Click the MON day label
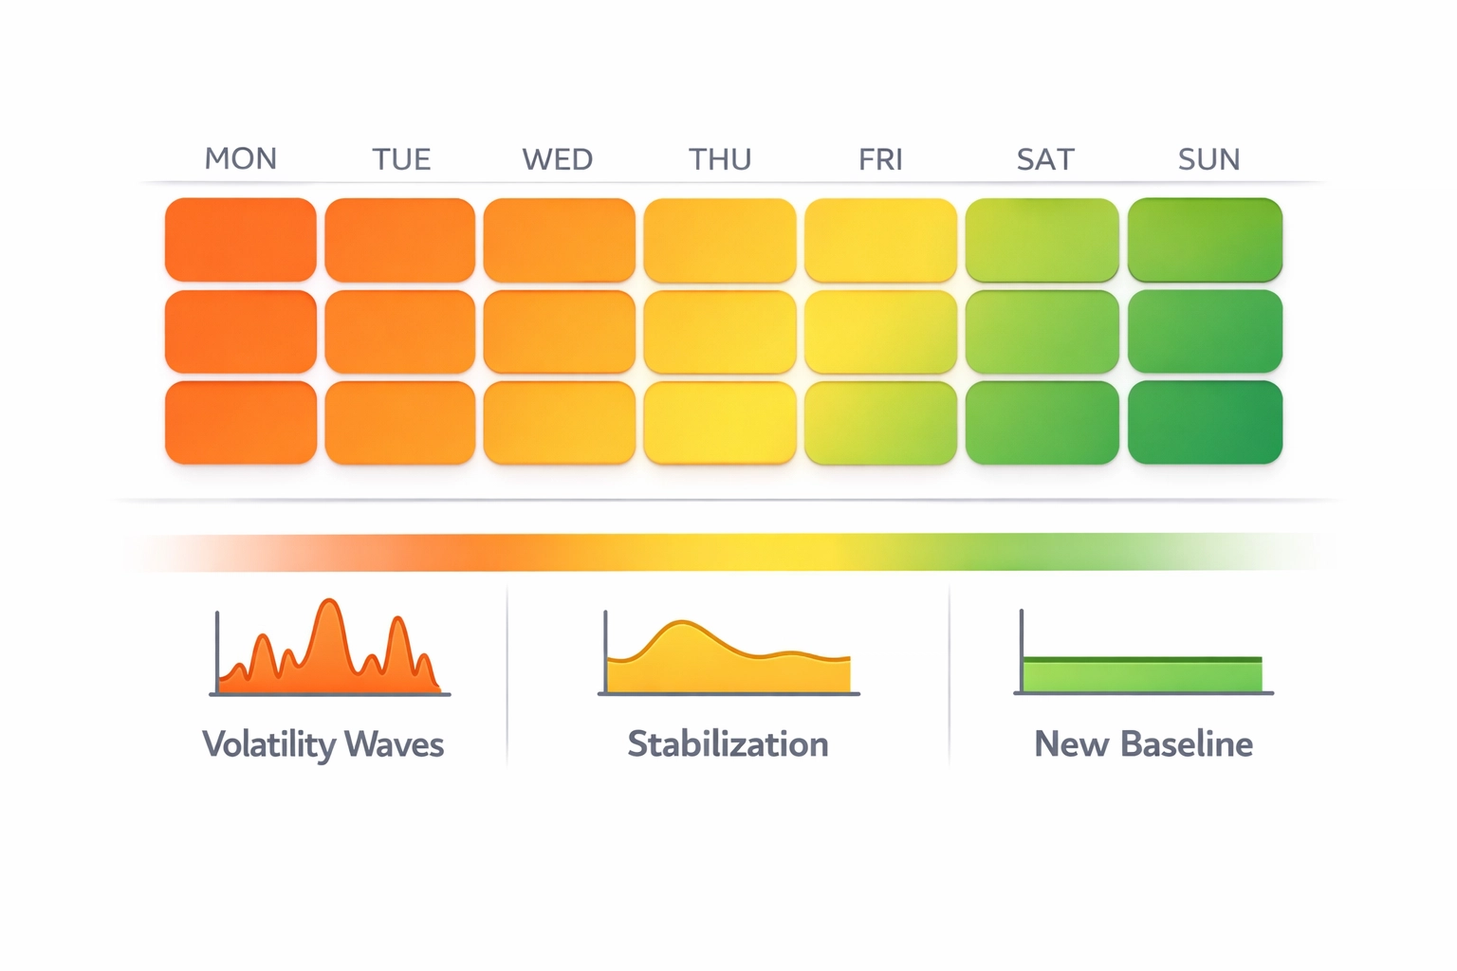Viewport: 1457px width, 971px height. (x=241, y=158)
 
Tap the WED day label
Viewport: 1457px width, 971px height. (x=558, y=159)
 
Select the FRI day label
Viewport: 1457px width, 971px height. (x=880, y=159)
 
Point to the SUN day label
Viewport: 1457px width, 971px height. (x=1208, y=159)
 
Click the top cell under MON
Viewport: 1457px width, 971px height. (x=241, y=239)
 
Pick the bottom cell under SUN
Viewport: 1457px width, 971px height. (x=1205, y=423)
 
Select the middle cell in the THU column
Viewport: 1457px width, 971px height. (x=720, y=332)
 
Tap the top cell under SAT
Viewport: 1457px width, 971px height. (x=1042, y=239)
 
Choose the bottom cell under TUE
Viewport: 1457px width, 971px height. (x=400, y=423)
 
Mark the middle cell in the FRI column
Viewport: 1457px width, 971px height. (x=880, y=332)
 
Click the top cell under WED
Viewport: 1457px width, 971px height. (x=560, y=239)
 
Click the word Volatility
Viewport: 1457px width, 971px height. (x=268, y=744)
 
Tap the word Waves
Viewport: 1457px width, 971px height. (x=394, y=744)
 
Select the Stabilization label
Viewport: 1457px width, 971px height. (x=728, y=744)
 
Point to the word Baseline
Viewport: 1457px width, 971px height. (x=1187, y=744)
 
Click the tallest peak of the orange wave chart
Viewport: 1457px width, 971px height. (x=328, y=603)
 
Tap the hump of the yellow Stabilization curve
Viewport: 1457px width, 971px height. (x=681, y=626)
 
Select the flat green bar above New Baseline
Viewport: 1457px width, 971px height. (x=1142, y=674)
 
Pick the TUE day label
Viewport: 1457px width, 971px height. (x=401, y=159)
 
